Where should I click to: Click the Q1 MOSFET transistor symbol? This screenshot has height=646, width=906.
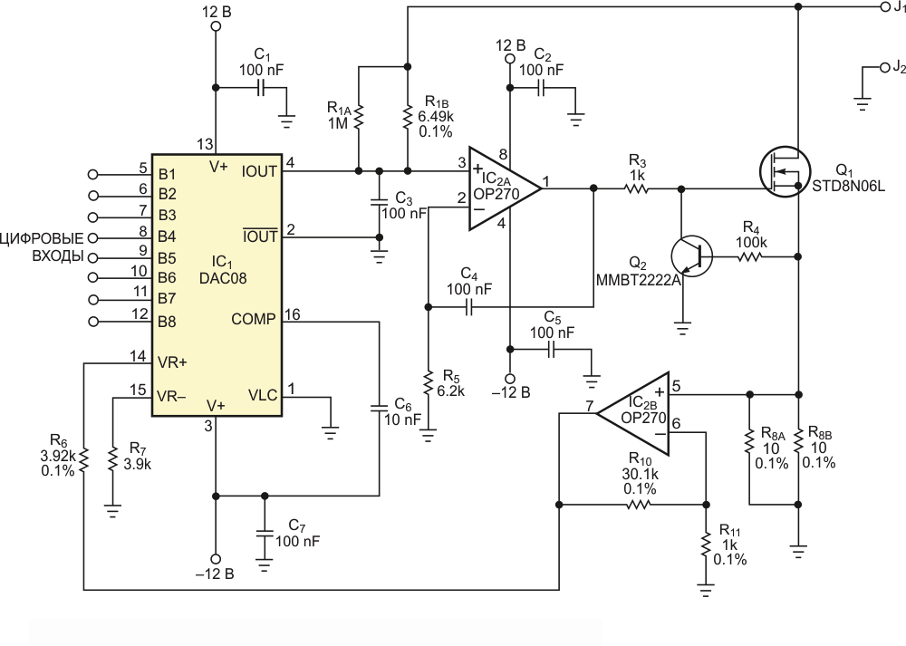785,171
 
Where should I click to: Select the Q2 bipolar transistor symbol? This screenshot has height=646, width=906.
691,256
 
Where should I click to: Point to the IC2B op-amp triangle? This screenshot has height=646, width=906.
633,414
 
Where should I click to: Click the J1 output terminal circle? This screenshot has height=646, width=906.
884,7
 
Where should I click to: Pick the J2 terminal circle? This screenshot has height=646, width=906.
884,68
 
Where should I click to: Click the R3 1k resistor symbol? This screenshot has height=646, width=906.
636,188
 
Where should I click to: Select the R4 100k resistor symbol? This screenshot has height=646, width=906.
749,256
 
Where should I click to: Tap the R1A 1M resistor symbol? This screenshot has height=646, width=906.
358,117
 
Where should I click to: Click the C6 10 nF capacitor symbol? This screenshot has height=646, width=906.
379,408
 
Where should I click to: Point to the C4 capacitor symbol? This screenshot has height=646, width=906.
468,307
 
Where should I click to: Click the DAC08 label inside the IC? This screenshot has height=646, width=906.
223,278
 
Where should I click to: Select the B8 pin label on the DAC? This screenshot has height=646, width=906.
167,322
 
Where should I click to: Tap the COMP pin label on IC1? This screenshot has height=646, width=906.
253,319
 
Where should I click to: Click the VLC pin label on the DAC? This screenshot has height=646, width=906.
263,395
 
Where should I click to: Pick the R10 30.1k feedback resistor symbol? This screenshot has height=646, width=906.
638,505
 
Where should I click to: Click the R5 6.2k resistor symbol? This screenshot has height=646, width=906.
429,383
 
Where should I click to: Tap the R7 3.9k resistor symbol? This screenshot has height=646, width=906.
112,458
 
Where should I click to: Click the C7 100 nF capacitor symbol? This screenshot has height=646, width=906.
265,534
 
